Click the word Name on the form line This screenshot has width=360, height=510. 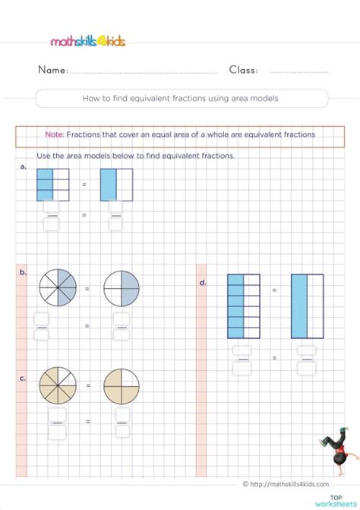[x=52, y=70]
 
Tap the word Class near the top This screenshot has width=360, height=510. [x=243, y=70]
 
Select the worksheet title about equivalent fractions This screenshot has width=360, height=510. [x=182, y=98]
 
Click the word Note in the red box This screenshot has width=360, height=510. [x=54, y=135]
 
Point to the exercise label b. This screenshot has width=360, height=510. [x=24, y=271]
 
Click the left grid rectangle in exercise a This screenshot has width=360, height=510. [x=53, y=185]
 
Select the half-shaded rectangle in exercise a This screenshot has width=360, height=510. [x=116, y=185]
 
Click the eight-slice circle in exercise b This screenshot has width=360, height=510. [x=58, y=290]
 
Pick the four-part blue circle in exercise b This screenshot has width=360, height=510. [x=122, y=290]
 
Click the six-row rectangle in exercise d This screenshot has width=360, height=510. [x=244, y=306]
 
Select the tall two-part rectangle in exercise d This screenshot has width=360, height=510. [x=307, y=306]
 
